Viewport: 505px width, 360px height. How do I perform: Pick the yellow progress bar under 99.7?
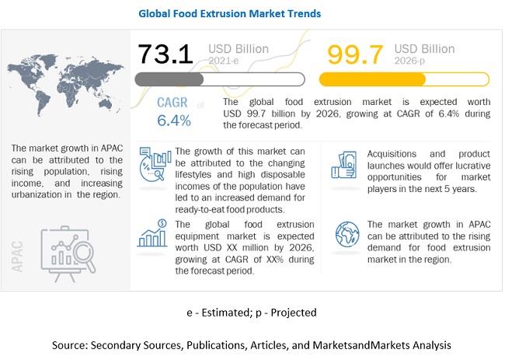[x=404, y=79]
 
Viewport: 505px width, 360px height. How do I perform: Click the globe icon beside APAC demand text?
[x=346, y=233]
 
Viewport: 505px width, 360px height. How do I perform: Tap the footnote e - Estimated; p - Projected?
[x=252, y=312]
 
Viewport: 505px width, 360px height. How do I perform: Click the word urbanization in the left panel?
[x=43, y=194]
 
